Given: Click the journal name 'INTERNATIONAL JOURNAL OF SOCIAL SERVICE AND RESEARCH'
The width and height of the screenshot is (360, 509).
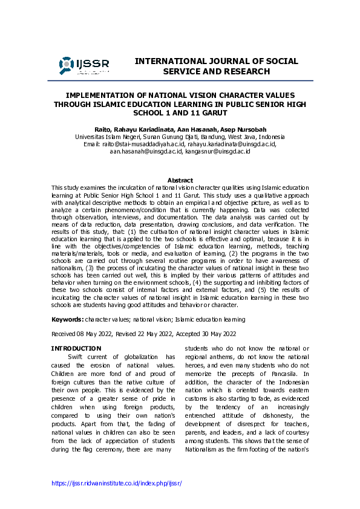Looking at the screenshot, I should click(x=216, y=66).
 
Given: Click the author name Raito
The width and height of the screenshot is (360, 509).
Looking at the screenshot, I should click(x=103, y=129).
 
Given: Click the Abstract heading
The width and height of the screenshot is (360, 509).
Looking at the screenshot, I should click(x=180, y=180).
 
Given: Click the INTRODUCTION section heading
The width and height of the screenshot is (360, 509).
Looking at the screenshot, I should click(x=76, y=348).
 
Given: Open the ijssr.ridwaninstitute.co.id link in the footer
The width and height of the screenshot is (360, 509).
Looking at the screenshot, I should click(x=116, y=484).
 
